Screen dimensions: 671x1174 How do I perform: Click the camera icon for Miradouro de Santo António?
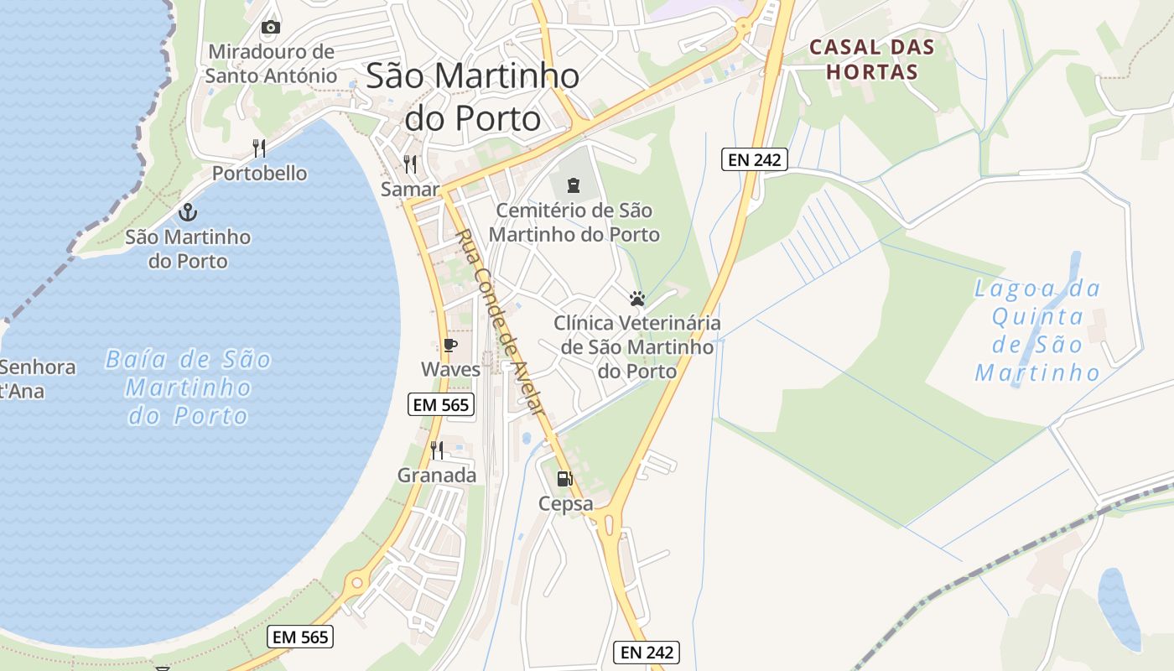click(270, 28)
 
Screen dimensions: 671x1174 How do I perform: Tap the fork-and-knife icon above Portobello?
click(259, 149)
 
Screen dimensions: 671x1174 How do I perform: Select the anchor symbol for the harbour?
click(188, 211)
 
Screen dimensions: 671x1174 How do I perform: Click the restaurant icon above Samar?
click(410, 164)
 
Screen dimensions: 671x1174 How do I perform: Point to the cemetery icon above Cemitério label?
click(574, 184)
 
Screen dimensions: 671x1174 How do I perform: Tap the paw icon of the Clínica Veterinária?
click(637, 299)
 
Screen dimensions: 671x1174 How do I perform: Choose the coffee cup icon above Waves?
click(450, 345)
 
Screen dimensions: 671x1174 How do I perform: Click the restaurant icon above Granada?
click(436, 450)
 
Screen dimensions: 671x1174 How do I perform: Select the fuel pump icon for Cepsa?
click(564, 479)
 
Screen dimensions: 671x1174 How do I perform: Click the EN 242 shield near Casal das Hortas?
click(755, 159)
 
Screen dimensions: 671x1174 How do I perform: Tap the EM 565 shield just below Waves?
click(442, 405)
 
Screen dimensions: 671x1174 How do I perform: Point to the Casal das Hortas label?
click(872, 60)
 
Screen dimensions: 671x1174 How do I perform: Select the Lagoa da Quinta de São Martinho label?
click(1038, 330)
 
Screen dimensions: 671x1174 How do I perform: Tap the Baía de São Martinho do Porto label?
click(189, 388)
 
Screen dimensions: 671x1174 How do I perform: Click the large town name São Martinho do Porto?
click(473, 97)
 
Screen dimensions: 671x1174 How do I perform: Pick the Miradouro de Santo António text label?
click(271, 64)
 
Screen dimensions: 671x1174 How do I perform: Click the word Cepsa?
click(565, 504)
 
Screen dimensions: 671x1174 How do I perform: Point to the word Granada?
click(436, 476)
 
